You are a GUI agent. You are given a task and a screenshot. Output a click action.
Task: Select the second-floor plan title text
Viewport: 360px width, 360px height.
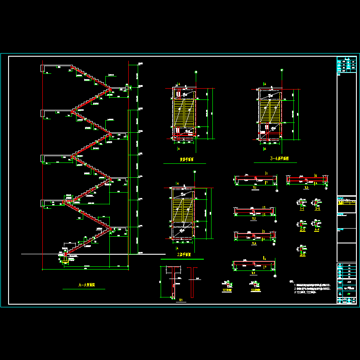pyautogui.click(x=184, y=255)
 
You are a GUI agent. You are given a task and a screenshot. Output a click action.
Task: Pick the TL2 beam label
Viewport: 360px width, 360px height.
pyautogui.click(x=254, y=219)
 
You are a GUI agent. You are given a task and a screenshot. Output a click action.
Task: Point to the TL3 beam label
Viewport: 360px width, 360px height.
pyautogui.click(x=254, y=243)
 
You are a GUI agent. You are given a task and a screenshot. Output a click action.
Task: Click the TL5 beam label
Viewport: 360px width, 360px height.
pyautogui.click(x=306, y=188)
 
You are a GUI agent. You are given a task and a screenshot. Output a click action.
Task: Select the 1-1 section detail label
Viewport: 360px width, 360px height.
pyautogui.click(x=301, y=209)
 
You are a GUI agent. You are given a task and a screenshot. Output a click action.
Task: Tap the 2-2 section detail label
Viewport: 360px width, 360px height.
pyautogui.click(x=317, y=209)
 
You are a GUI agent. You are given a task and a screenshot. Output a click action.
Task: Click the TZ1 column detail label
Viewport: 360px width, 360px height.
pyautogui.click(x=181, y=300)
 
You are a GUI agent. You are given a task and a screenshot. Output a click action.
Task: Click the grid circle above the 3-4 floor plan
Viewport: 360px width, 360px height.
pyautogui.click(x=281, y=71)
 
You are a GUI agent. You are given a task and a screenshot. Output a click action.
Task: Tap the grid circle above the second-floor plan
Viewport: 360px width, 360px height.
pyautogui.click(x=194, y=172)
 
